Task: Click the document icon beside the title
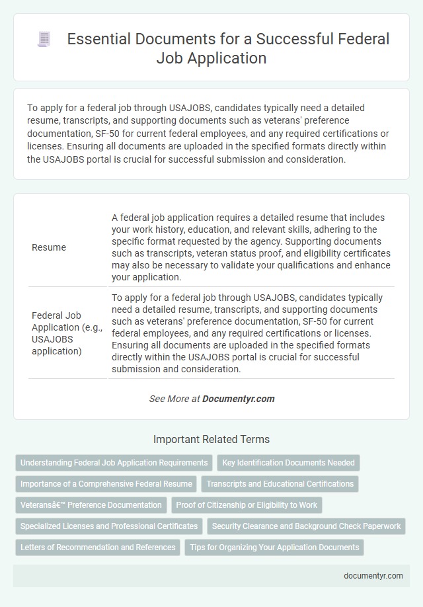[x=43, y=40]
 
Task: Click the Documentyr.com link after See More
[x=238, y=399]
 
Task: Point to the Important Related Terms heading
[x=211, y=439]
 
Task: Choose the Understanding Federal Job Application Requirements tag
[x=114, y=463]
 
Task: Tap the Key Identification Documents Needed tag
[x=288, y=463]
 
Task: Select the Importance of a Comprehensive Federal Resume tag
[x=106, y=484]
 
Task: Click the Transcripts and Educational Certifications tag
[x=280, y=484]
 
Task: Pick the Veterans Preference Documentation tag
[x=91, y=505]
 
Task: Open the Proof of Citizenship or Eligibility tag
[x=247, y=505]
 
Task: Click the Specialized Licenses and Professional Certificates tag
[x=109, y=526]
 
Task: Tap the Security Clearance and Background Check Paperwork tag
[x=307, y=526]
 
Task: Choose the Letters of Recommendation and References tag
[x=98, y=547]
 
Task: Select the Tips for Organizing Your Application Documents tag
[x=274, y=547]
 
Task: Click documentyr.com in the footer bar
[x=373, y=575]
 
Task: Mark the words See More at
[x=175, y=399]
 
